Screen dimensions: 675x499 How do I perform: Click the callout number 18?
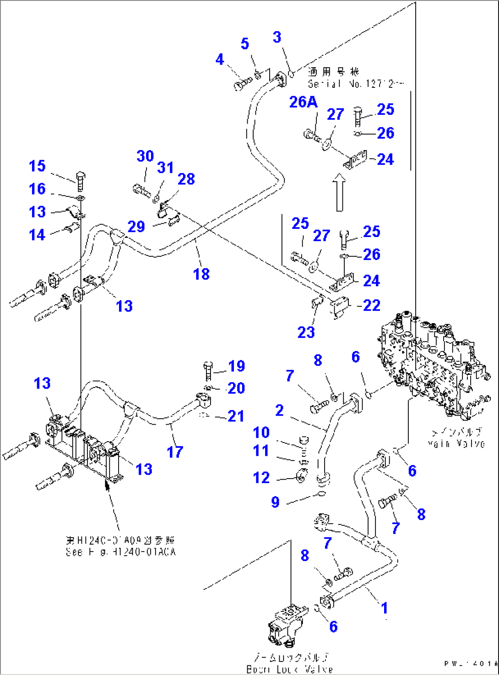[201, 274]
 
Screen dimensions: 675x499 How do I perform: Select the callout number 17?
[175, 452]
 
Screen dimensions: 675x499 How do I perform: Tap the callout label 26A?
[303, 102]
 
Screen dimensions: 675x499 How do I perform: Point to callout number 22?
[371, 305]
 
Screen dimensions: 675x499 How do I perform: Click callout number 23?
[306, 332]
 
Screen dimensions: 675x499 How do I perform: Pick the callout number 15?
[37, 166]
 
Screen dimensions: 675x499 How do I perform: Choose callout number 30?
[145, 156]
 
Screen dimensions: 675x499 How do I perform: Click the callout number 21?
[236, 416]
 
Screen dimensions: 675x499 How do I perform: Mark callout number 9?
[275, 502]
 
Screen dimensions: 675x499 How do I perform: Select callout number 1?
[385, 608]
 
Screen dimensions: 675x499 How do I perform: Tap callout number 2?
[279, 410]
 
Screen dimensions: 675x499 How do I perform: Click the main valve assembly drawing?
[433, 366]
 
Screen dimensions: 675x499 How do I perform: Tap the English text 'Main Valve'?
[456, 443]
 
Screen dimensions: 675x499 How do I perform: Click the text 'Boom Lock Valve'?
[289, 669]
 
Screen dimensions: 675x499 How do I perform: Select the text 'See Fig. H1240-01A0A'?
[121, 552]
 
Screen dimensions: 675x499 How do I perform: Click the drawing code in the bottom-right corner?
[470, 663]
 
